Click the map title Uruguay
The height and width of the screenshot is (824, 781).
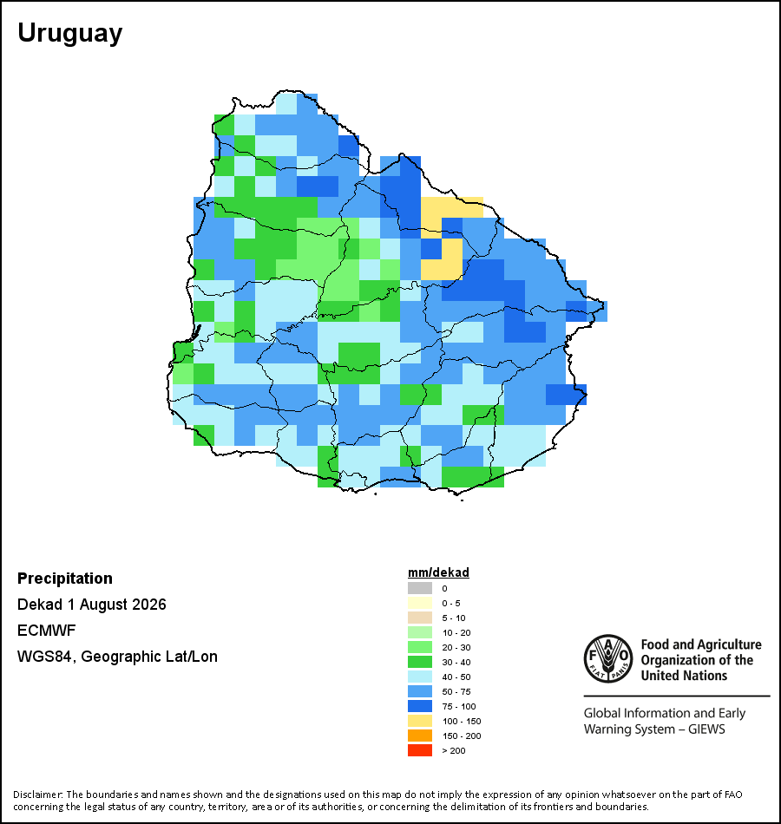(70, 34)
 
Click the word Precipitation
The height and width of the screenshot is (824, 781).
(65, 579)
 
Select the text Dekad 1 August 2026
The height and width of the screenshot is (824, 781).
(91, 605)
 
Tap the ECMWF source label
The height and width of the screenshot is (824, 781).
(46, 630)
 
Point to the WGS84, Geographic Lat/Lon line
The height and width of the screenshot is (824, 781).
(117, 657)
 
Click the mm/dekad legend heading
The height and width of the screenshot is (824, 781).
(438, 572)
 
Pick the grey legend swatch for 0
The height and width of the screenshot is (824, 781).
(420, 588)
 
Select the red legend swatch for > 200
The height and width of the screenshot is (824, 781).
(420, 750)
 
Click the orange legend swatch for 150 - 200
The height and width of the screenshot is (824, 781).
(420, 736)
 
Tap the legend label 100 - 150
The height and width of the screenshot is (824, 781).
(462, 721)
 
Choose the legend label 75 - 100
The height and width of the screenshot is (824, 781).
(459, 706)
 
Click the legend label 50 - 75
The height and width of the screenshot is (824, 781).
(456, 691)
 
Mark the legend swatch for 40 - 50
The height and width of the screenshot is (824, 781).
(420, 677)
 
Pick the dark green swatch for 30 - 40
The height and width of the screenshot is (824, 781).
(420, 662)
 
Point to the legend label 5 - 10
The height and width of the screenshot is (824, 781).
(454, 618)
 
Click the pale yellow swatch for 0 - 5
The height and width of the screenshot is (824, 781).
(420, 603)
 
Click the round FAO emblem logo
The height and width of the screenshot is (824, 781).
(608, 658)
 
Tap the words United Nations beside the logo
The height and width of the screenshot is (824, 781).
(684, 676)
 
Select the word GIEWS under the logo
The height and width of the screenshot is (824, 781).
(707, 729)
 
